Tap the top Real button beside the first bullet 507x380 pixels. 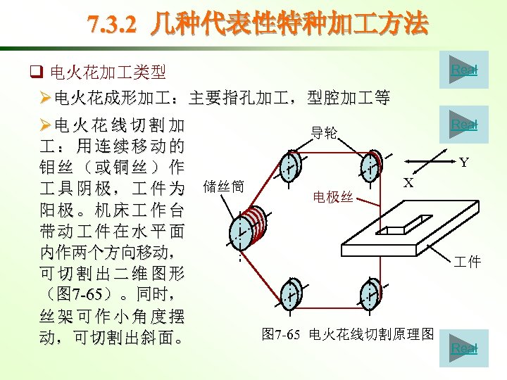pos(463,70)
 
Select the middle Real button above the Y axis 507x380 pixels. pos(463,125)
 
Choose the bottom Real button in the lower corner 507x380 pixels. pos(463,348)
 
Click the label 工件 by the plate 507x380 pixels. pos(467,262)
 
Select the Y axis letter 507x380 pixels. pos(464,163)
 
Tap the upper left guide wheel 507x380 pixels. pos(289,167)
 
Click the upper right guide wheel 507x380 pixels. pos(370,165)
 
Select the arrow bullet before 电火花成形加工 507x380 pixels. pos(46,98)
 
